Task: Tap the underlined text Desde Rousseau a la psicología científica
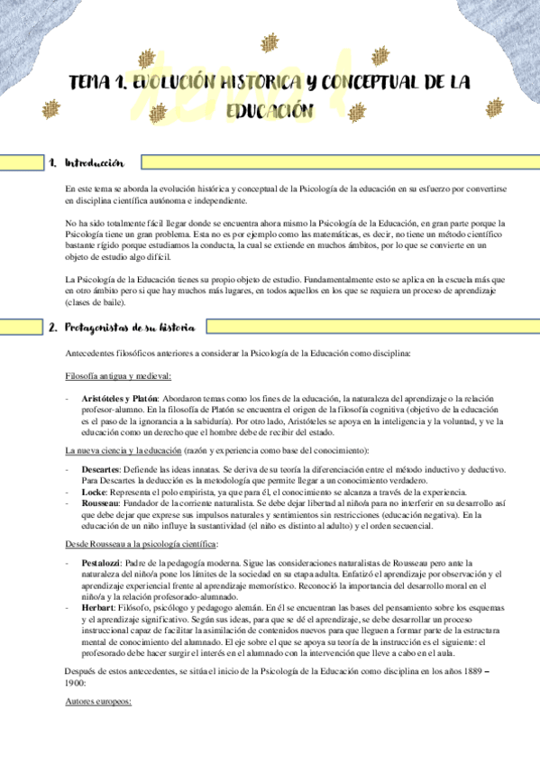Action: pos(142,545)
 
